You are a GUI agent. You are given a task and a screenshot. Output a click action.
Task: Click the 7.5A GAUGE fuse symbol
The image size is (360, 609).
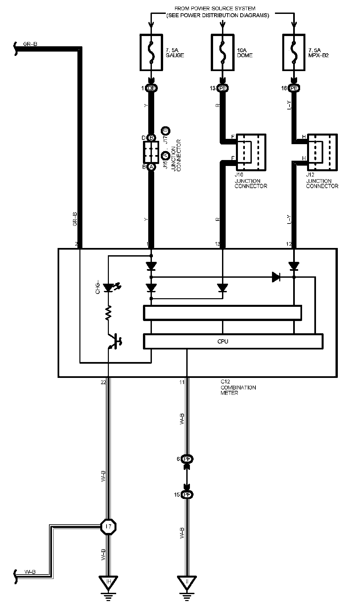[151, 53]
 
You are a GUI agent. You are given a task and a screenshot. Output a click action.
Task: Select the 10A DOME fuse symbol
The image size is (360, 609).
[223, 53]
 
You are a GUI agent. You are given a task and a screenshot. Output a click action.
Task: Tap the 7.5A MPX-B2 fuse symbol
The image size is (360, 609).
[294, 53]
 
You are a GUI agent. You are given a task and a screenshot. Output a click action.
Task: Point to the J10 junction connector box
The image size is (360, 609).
[250, 152]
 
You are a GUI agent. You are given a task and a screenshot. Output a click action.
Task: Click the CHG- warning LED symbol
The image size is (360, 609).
[108, 288]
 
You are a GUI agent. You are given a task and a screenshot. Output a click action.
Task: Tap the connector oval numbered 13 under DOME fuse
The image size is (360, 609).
[223, 88]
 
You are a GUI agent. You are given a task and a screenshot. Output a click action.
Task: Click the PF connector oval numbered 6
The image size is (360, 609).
[187, 459]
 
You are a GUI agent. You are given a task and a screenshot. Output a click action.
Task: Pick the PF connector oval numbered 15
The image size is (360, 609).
[187, 495]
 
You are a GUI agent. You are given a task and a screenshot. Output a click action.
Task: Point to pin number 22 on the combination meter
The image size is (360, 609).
[104, 382]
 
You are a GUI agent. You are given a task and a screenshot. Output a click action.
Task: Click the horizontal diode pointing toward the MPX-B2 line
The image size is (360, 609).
[276, 277]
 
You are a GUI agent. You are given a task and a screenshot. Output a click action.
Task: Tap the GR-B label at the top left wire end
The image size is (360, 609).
[30, 43]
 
